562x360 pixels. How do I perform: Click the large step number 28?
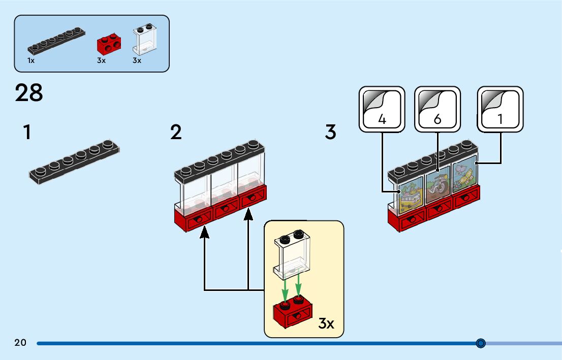(x=29, y=93)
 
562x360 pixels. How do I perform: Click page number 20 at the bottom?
(x=20, y=343)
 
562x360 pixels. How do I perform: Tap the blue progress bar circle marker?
(x=481, y=343)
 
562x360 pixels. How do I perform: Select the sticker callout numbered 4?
(x=382, y=109)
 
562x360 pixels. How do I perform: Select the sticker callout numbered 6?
(x=438, y=109)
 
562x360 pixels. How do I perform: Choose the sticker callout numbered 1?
(x=501, y=109)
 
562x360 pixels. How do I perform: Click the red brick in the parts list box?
(x=109, y=44)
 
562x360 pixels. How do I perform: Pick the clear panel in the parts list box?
(x=145, y=40)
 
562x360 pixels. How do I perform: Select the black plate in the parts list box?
(x=56, y=41)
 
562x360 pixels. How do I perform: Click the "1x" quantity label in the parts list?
(x=31, y=60)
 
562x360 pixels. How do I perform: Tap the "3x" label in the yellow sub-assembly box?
(x=326, y=323)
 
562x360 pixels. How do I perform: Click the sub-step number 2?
(x=176, y=132)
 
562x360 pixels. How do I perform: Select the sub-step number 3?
(x=330, y=132)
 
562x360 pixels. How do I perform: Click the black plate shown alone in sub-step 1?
(x=74, y=162)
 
